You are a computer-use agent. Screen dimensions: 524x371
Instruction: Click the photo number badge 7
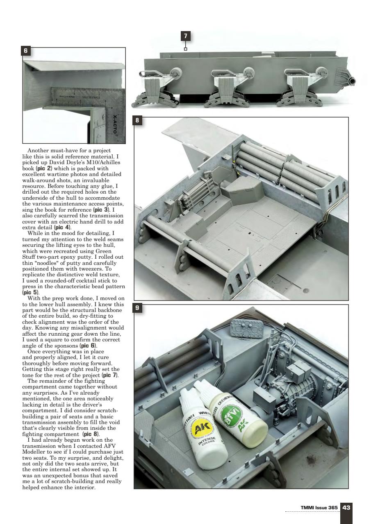click(x=186, y=36)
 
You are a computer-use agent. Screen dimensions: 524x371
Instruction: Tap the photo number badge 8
click(x=139, y=121)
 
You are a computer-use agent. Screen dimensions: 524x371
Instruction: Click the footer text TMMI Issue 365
click(x=319, y=508)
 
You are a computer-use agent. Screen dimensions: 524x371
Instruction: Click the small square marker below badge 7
click(x=185, y=49)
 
